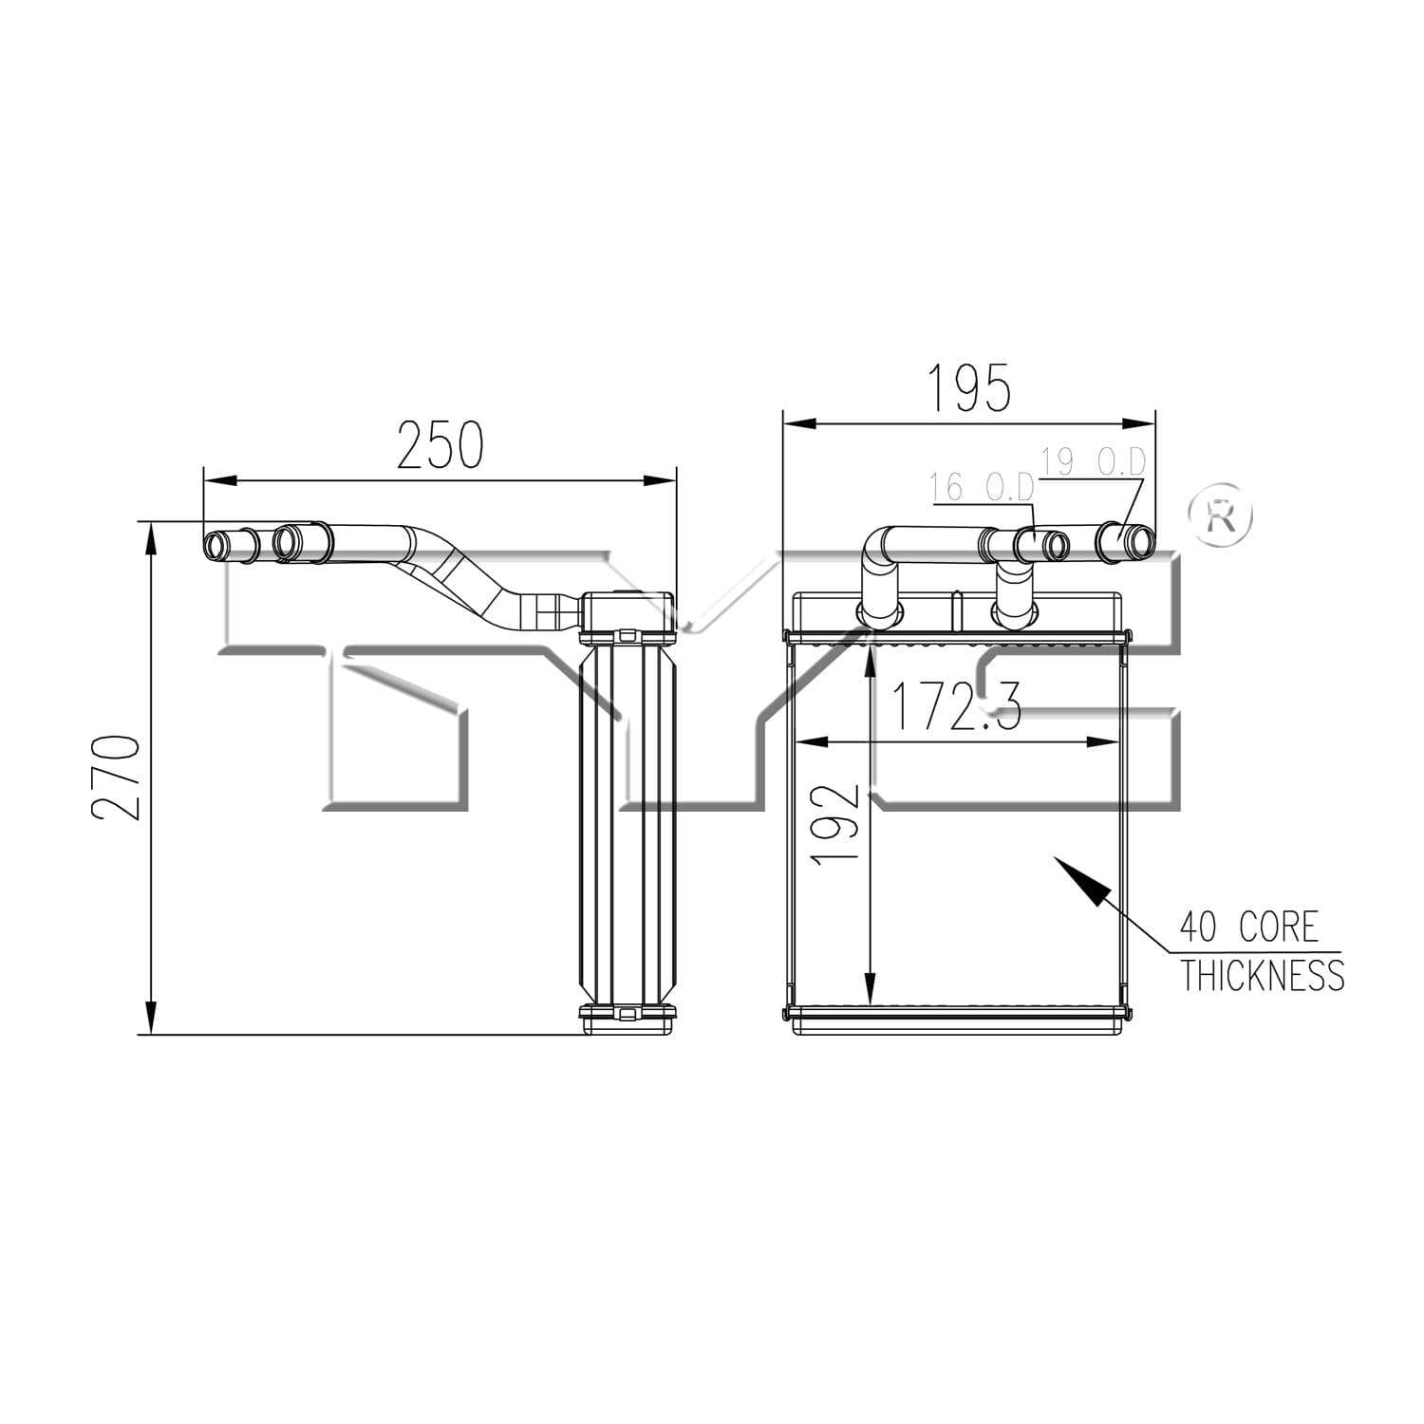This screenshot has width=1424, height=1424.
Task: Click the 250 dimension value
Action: (440, 446)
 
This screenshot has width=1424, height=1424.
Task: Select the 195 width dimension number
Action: (968, 388)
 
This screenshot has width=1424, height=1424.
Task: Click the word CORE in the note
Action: (1279, 927)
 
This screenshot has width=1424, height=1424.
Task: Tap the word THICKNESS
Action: (1263, 975)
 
